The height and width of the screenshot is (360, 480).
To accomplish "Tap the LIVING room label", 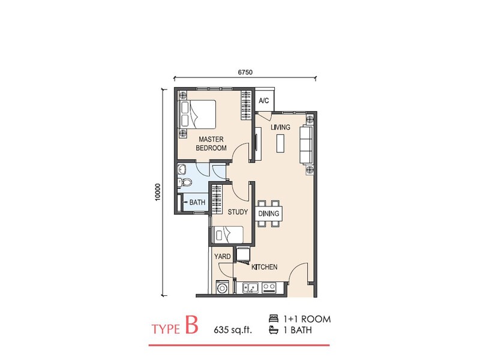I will coord(280,128).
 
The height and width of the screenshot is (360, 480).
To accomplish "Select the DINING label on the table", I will coord(268,214).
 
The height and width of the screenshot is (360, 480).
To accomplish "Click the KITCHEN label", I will coord(264,267).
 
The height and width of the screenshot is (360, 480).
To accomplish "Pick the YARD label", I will coord(223,256).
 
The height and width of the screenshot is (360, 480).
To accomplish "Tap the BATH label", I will coord(197,203).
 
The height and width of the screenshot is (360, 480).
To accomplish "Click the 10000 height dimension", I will coord(157,192).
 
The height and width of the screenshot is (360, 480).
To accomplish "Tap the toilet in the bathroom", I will coord(185,182).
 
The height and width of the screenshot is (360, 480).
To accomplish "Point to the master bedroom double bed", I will coord(198,113).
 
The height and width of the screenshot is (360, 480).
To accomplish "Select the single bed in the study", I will coord(228,234).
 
